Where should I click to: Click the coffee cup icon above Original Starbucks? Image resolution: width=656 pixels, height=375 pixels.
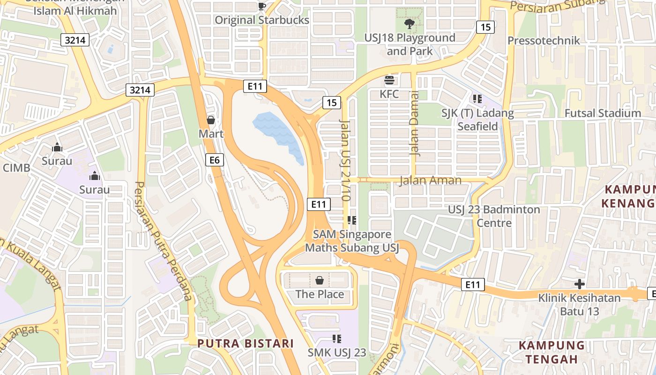click(x=261, y=6)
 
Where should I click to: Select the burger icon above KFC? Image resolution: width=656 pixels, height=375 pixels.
click(x=389, y=80)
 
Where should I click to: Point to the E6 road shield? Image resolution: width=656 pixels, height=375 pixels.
click(x=215, y=160)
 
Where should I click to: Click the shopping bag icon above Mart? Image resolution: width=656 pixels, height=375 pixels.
click(x=211, y=120)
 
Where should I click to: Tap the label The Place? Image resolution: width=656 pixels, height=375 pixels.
click(x=320, y=294)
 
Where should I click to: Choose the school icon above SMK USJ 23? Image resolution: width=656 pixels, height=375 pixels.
click(x=336, y=338)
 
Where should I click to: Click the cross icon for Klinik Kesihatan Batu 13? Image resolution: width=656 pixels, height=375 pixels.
click(x=580, y=284)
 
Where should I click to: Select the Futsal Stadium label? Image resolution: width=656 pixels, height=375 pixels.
click(x=603, y=113)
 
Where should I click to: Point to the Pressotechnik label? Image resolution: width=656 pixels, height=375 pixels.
click(x=544, y=41)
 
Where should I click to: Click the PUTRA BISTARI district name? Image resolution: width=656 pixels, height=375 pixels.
click(x=246, y=343)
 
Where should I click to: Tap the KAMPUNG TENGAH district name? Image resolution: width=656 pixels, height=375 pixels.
click(x=552, y=352)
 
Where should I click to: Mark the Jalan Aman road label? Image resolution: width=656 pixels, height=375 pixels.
click(x=430, y=180)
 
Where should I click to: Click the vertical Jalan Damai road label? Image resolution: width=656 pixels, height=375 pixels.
click(x=414, y=129)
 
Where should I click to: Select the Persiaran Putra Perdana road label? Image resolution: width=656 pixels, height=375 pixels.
click(x=164, y=241)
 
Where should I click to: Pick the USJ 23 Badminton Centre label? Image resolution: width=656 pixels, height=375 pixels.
click(x=494, y=216)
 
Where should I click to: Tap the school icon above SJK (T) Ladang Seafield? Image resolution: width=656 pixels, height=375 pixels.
click(x=477, y=99)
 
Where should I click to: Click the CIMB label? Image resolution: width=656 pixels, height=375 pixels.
click(x=16, y=168)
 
